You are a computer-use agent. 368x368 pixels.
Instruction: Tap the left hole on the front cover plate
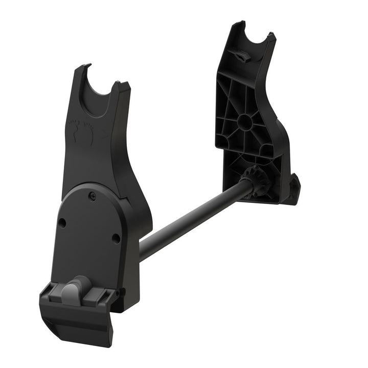point(62,223)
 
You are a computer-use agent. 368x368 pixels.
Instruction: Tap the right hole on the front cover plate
point(116,238)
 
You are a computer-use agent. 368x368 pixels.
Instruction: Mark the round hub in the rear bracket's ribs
point(244,121)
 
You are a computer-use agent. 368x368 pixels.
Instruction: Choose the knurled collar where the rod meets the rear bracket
point(258,180)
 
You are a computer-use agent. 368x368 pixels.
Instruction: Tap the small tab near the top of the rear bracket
point(244,56)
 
